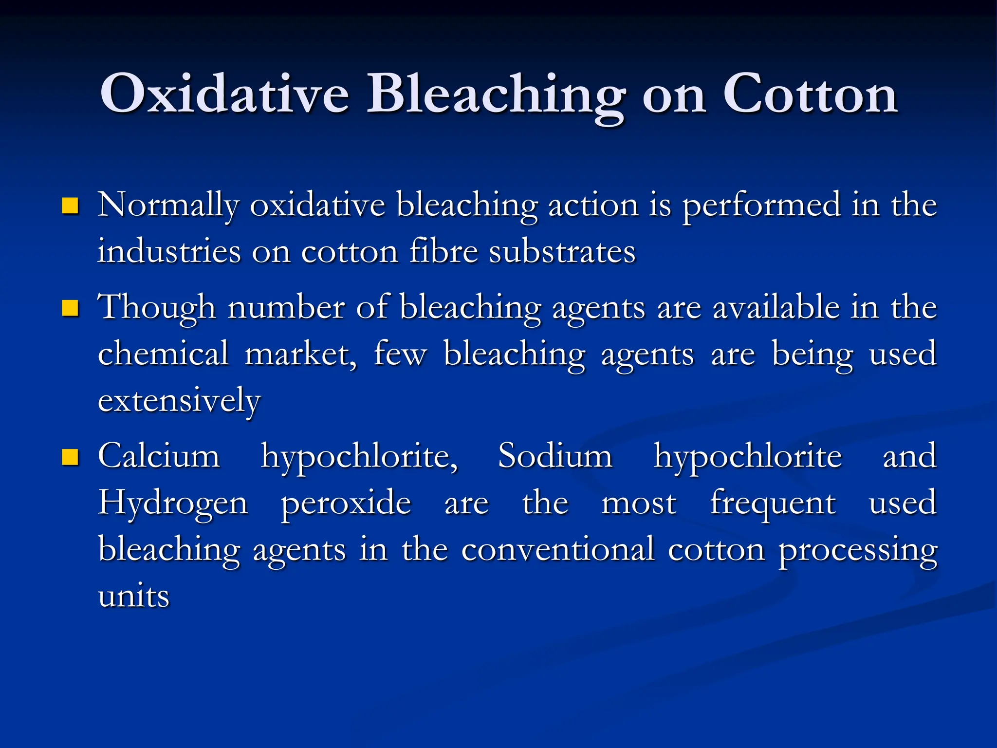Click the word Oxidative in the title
point(224,93)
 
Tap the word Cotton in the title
point(810,93)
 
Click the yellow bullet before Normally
point(71,206)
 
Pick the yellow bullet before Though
point(71,308)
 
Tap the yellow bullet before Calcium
point(71,457)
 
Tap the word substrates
point(562,251)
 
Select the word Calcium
point(159,456)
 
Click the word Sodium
point(555,456)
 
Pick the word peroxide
point(346,503)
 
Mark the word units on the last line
point(133,596)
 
